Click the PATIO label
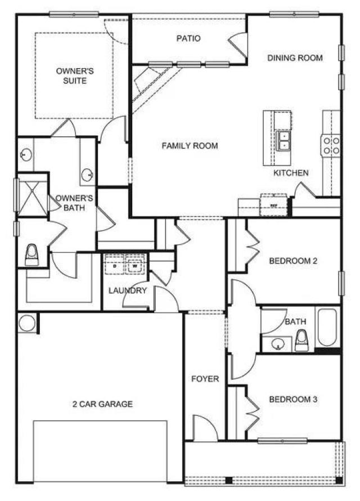click(x=188, y=39)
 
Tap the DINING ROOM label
click(x=295, y=58)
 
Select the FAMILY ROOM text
click(x=190, y=146)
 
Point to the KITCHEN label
click(x=291, y=173)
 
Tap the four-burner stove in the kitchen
click(x=330, y=145)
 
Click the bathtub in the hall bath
click(x=327, y=328)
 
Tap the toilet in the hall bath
click(x=301, y=340)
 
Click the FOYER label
click(x=205, y=379)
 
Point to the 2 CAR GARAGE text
click(x=102, y=404)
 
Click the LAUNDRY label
click(x=128, y=290)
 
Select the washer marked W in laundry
click(x=135, y=263)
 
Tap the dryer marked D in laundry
click(x=115, y=263)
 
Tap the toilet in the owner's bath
click(x=32, y=256)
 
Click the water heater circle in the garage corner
click(x=26, y=323)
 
